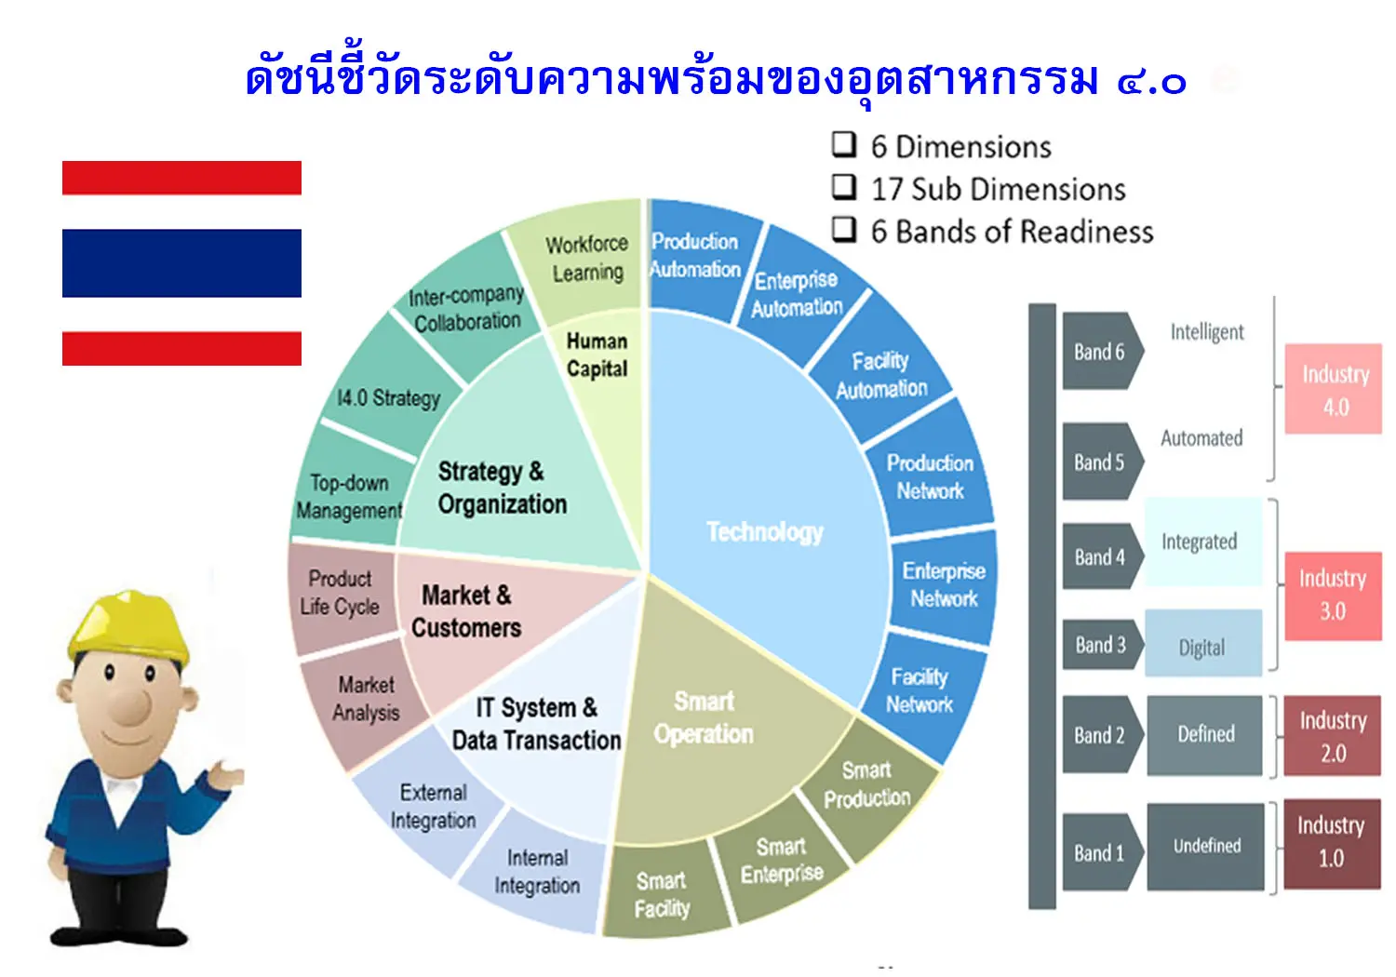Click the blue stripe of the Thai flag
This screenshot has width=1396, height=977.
[x=181, y=263]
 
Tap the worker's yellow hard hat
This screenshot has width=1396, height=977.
[x=129, y=627]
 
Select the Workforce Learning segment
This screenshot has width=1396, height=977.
[x=580, y=259]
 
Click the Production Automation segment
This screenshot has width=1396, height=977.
[x=698, y=257]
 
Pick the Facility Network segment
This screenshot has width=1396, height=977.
[x=921, y=691]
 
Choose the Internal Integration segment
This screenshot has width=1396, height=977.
[x=536, y=873]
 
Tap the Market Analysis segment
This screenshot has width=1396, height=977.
[x=365, y=699]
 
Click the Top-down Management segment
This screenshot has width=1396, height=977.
[x=350, y=496]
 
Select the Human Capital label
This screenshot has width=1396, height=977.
[x=597, y=355]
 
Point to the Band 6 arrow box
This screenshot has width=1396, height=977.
[x=1103, y=351]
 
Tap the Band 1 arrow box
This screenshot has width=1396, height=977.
[x=1103, y=851]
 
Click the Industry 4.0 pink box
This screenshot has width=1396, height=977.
[x=1333, y=389]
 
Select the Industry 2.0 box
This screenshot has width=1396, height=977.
[x=1333, y=736]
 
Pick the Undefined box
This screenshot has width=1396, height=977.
[x=1206, y=846]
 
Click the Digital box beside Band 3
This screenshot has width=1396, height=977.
[x=1203, y=643]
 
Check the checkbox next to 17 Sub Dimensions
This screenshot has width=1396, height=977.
[x=844, y=186]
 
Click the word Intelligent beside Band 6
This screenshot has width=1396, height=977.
[x=1206, y=332]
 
